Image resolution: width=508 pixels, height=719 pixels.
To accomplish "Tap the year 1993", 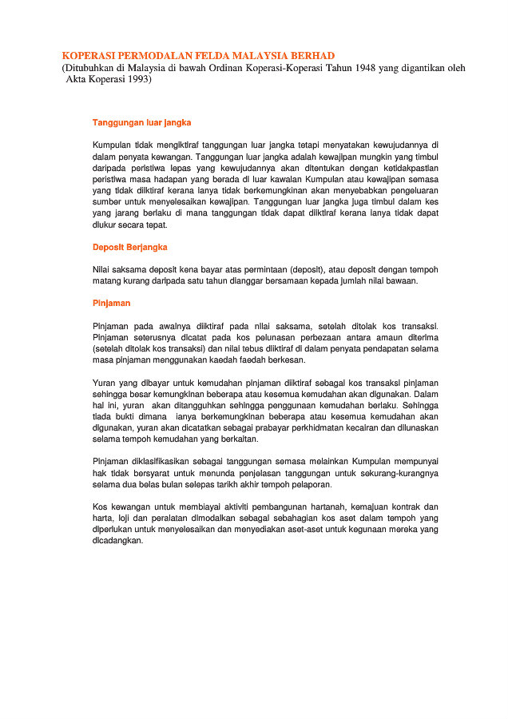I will coord(137,79).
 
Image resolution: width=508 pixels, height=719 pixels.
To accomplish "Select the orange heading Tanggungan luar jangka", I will coord(141,123).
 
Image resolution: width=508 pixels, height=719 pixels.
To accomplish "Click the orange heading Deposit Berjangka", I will coord(129,247).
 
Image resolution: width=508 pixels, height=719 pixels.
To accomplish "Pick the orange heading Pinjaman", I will coord(111,304).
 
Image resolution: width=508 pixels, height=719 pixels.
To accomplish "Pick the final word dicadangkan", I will coord(117,540).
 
